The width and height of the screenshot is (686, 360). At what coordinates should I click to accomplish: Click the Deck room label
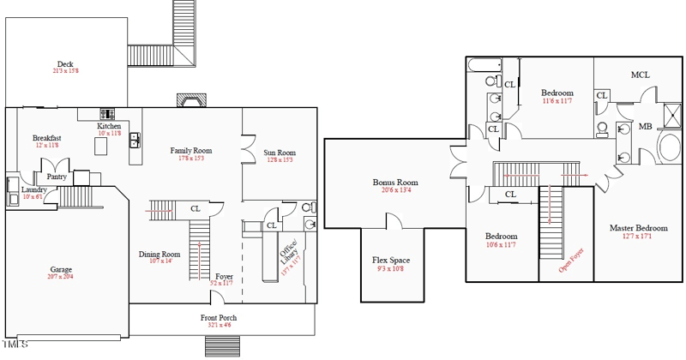pos(65,64)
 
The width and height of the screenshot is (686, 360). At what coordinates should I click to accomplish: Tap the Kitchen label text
pos(109,126)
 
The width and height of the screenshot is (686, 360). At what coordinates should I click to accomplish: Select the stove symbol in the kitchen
pos(109,113)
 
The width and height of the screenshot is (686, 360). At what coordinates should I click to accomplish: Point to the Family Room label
pos(190,151)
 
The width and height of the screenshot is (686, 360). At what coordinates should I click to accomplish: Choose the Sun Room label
pos(280,153)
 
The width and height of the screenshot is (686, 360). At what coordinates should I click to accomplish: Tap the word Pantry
pos(57,177)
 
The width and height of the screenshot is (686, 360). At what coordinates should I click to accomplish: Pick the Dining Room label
pos(159,254)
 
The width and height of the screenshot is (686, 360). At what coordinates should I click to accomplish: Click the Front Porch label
pos(219,317)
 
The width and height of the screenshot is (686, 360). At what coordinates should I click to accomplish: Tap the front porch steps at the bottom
pos(220,345)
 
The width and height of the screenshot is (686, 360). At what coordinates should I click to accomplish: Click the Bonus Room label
pos(395,183)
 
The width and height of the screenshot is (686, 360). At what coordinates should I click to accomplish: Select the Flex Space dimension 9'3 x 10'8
pos(391,268)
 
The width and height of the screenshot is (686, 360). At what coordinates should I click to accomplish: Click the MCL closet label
pos(640,75)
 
